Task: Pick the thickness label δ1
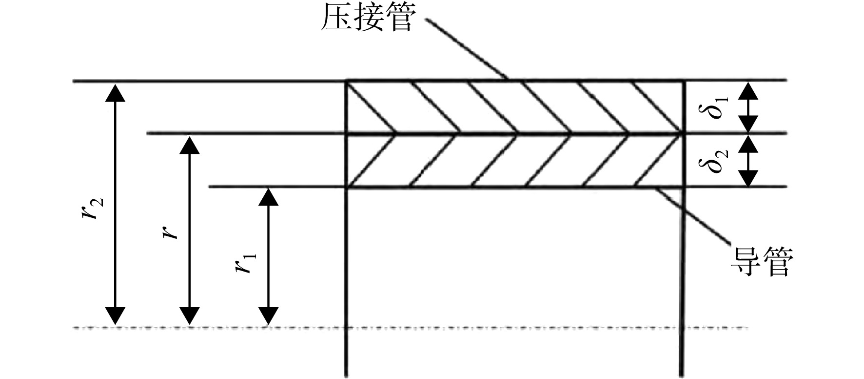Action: click(718, 107)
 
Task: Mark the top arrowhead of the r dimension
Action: click(190, 145)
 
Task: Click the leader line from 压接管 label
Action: click(467, 49)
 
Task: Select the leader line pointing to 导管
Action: click(693, 215)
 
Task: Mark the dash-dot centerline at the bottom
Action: click(411, 327)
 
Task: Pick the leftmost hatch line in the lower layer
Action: click(371, 160)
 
